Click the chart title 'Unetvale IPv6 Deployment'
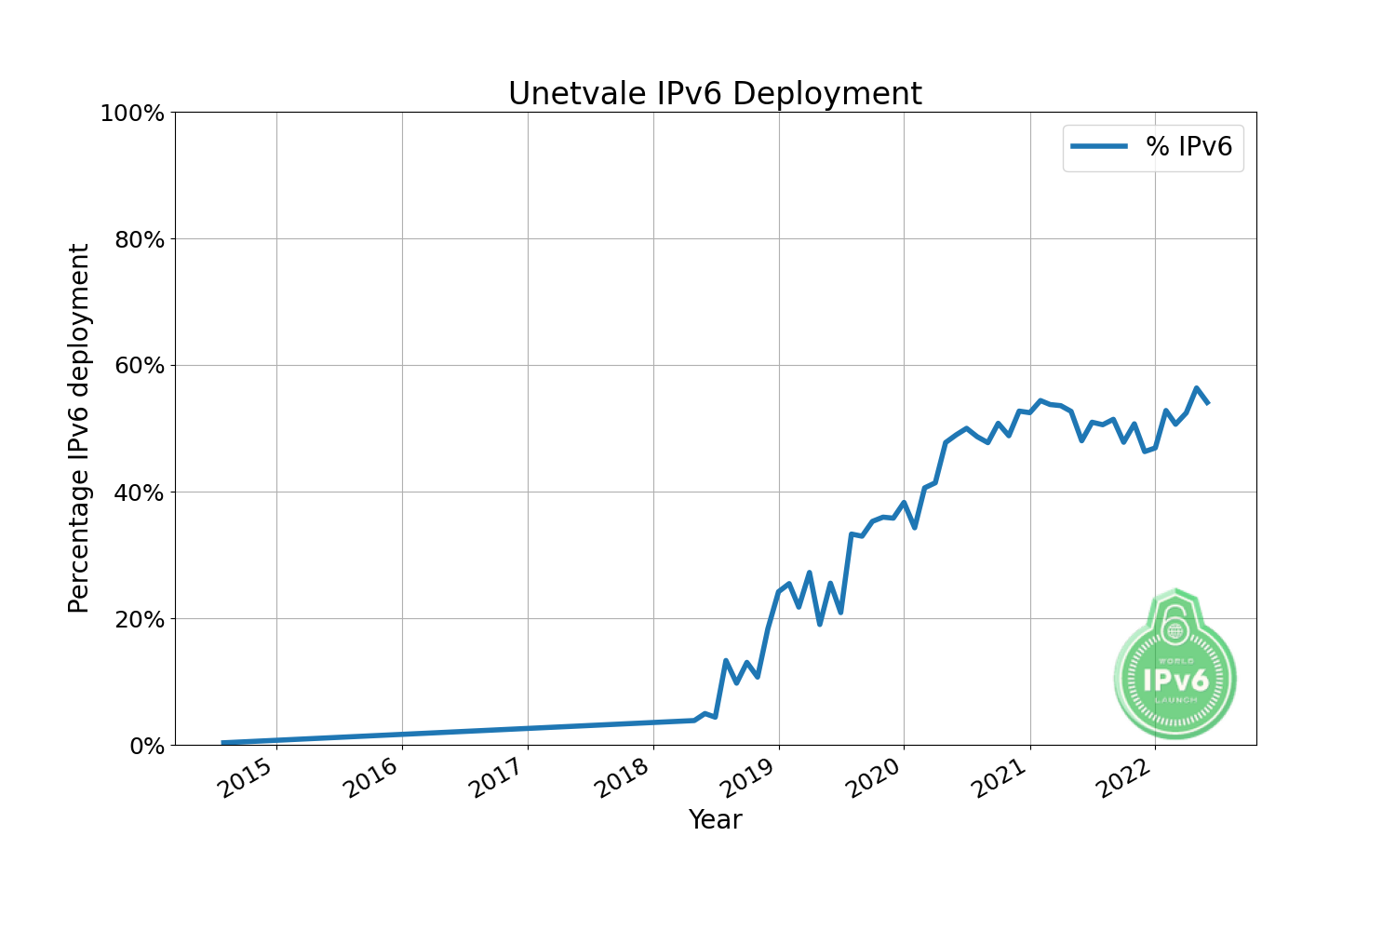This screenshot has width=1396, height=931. [x=715, y=94]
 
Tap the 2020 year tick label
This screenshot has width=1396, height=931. [x=876, y=779]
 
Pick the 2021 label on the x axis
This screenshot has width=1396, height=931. [x=1001, y=779]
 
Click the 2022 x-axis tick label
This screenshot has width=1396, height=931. [x=1127, y=779]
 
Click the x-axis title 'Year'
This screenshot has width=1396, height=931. [x=715, y=820]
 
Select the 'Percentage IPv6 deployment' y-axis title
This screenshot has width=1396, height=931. [x=80, y=428]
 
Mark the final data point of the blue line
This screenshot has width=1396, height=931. [x=1207, y=402]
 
